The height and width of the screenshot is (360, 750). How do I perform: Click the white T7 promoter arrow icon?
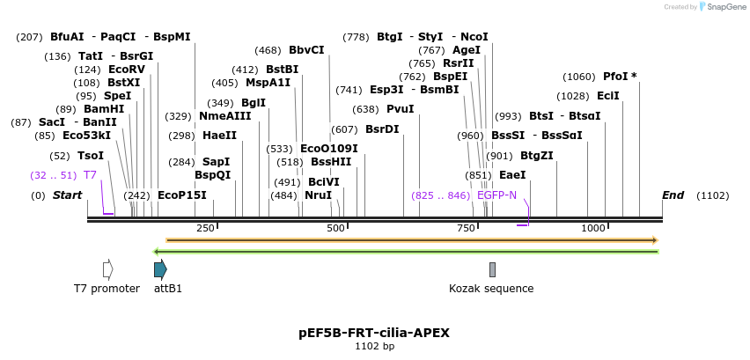click(107, 269)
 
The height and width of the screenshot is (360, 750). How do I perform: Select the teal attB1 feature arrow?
click(159, 269)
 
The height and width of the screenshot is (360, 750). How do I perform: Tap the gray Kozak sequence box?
click(492, 269)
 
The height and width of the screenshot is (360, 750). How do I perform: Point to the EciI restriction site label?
click(608, 96)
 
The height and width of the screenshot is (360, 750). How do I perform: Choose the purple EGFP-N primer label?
click(496, 195)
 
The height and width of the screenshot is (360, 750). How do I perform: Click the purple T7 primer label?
click(90, 175)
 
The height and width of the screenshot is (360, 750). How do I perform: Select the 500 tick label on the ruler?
click(335, 229)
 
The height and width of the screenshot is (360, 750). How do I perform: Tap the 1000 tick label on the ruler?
click(593, 229)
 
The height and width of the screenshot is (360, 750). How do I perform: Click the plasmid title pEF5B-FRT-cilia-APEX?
click(374, 333)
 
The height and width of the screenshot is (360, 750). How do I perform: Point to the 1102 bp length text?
click(374, 347)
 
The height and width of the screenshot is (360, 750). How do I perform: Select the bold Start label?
click(67, 195)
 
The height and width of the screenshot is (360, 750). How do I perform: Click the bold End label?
click(673, 195)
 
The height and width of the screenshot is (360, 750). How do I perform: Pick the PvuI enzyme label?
click(400, 109)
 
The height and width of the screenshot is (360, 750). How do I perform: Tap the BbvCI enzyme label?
click(306, 50)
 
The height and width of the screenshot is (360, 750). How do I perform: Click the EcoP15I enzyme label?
click(181, 195)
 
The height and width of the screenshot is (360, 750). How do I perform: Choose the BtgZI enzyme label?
click(536, 156)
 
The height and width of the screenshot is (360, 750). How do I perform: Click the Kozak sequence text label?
click(491, 289)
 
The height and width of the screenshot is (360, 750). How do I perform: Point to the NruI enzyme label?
click(318, 195)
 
